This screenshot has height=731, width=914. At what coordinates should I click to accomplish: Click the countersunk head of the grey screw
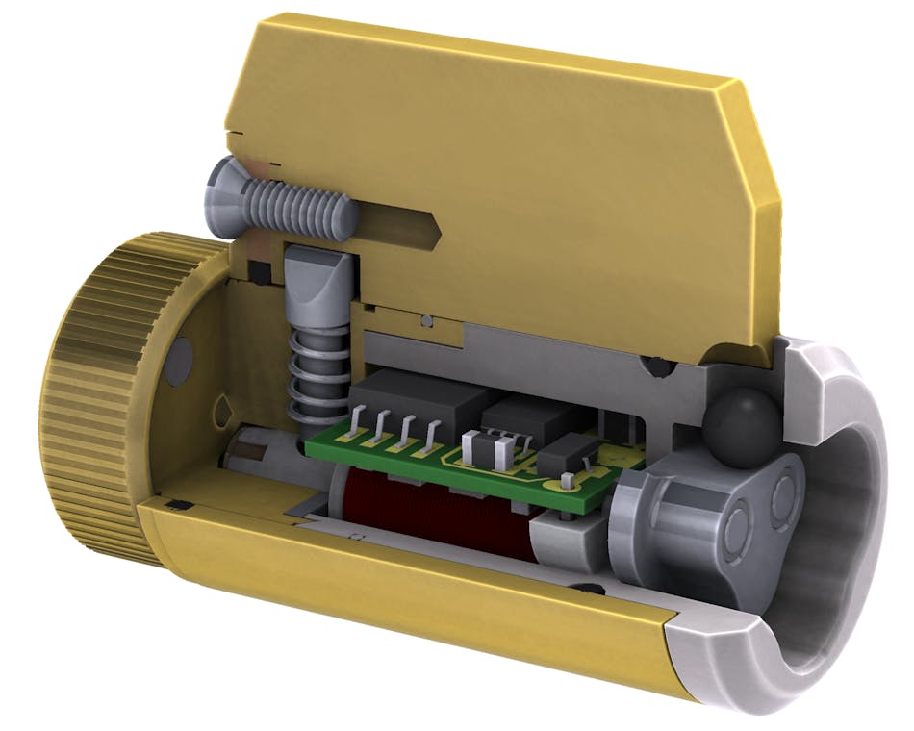[x=223, y=189]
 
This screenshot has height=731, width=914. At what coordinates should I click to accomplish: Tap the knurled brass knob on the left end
[x=91, y=394]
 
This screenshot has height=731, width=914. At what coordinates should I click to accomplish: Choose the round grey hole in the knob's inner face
[x=177, y=362]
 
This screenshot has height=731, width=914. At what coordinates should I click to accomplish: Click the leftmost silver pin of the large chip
[x=357, y=423]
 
